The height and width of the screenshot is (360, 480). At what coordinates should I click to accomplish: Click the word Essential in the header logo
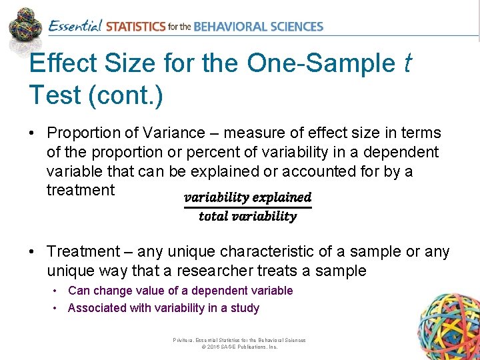tap(75, 26)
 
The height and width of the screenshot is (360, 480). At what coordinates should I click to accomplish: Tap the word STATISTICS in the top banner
tap(135, 27)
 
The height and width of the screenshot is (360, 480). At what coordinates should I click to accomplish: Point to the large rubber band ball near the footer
tap(447, 326)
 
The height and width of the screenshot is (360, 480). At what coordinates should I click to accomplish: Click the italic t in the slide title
tap(407, 63)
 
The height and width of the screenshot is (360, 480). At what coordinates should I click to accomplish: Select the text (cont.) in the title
tap(125, 95)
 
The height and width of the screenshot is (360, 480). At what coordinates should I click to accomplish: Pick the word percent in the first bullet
tap(212, 152)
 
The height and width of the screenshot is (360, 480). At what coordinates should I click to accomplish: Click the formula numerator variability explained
tap(247, 197)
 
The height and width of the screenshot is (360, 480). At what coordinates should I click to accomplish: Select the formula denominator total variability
tap(247, 216)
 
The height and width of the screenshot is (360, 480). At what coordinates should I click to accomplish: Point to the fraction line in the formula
tap(247, 207)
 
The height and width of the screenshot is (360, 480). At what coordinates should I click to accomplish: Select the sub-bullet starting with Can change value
tap(180, 291)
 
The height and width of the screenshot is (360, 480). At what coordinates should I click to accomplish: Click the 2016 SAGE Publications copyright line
tap(239, 347)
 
